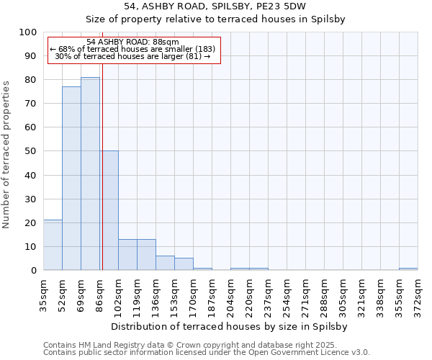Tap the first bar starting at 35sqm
(53, 245)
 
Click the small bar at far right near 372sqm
(408, 269)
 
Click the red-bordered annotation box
(133, 49)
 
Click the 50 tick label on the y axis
(30, 151)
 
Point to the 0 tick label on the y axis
(33, 270)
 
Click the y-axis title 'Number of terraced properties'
(6, 155)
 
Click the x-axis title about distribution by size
(230, 326)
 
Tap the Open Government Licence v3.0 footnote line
(207, 352)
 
